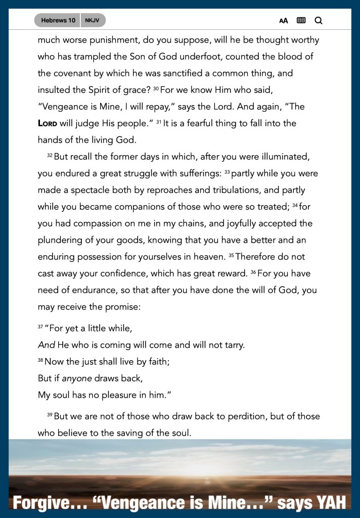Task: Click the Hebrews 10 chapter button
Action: [x=58, y=20]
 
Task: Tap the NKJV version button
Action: [x=93, y=20]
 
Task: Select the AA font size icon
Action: [x=284, y=21]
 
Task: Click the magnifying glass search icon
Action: [x=318, y=21]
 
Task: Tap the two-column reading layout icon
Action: [x=301, y=21]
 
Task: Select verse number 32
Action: [x=50, y=155]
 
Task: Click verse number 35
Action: [x=231, y=255]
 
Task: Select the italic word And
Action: [x=46, y=345]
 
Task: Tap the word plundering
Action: [x=62, y=240]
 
